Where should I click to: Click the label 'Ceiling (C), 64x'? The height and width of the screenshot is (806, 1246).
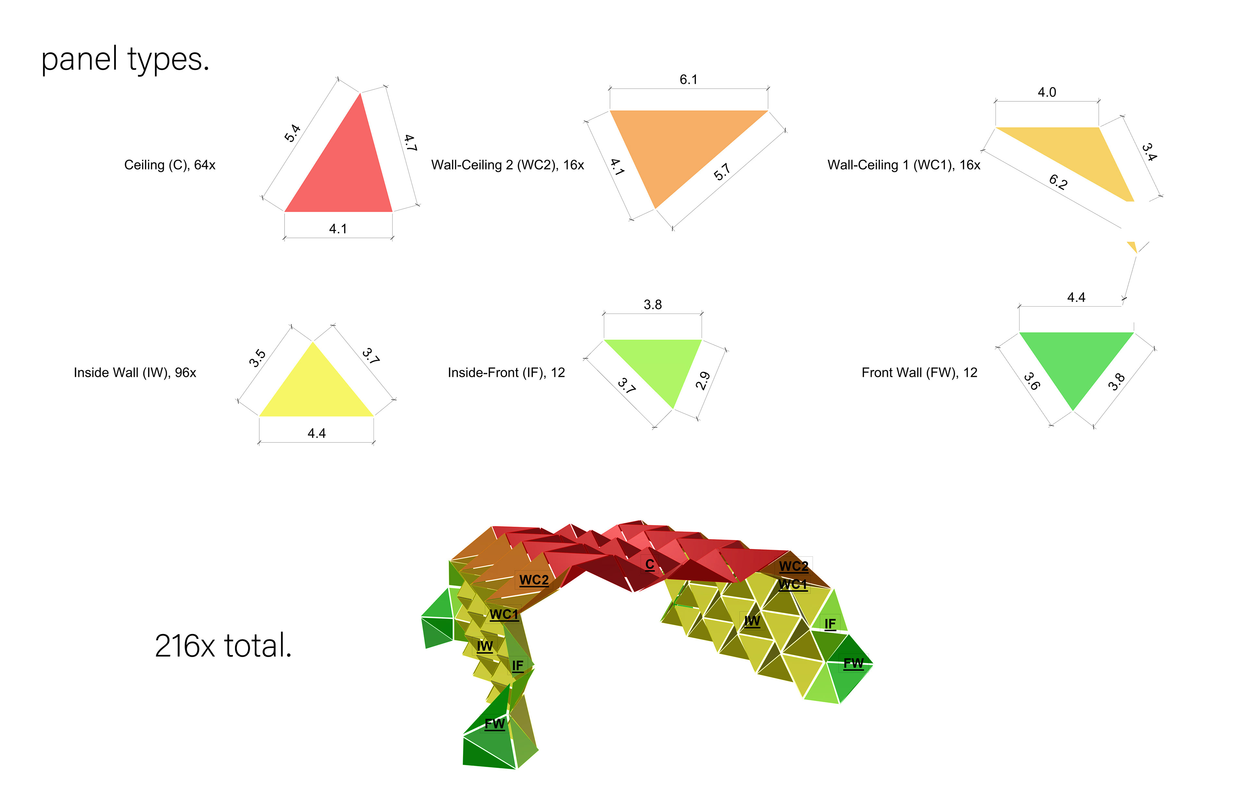click(x=170, y=165)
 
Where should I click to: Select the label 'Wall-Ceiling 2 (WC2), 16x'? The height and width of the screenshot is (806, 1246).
click(x=507, y=165)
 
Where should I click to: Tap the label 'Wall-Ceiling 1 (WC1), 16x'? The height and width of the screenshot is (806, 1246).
click(x=904, y=165)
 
